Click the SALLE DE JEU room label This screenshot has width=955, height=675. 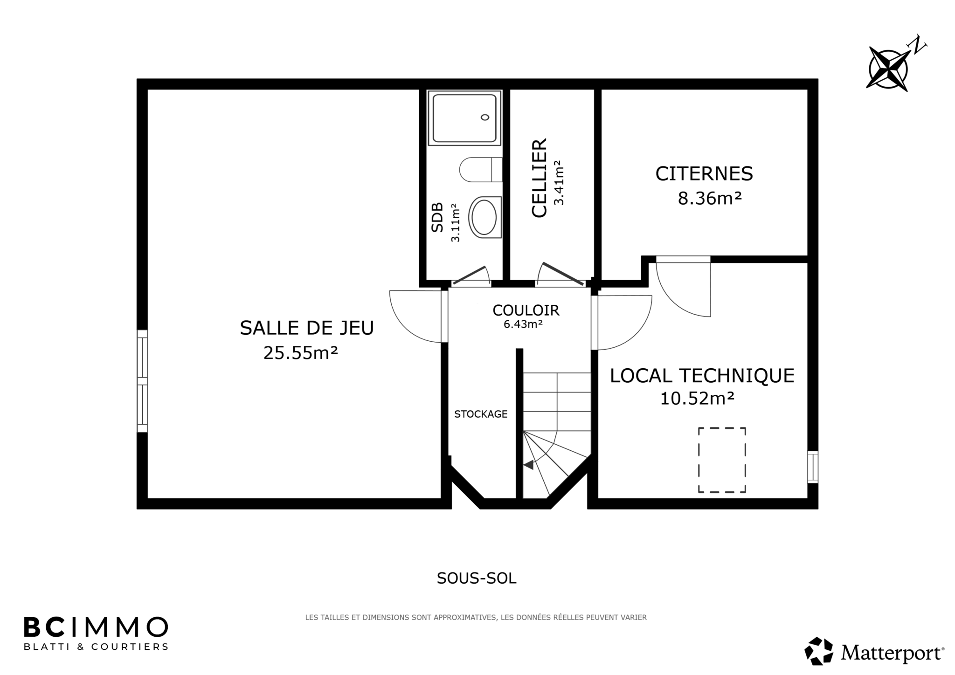click(x=307, y=328)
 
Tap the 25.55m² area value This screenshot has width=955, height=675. click(x=300, y=352)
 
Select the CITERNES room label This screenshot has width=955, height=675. click(x=704, y=173)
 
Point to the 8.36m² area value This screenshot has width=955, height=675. click(x=710, y=199)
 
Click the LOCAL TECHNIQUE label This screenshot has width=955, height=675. click(x=702, y=376)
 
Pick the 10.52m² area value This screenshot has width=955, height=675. click(x=698, y=398)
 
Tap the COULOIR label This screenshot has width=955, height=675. click(x=526, y=310)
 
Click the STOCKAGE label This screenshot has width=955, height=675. click(x=481, y=414)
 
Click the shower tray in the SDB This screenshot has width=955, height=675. click(x=464, y=118)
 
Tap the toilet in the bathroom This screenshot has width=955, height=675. click(x=480, y=170)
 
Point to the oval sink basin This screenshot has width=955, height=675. click(x=485, y=217)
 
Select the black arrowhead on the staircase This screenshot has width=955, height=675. click(x=528, y=465)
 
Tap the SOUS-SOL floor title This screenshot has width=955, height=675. click(x=477, y=579)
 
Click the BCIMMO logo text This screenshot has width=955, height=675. click(x=96, y=627)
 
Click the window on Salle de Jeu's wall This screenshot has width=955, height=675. click(x=142, y=381)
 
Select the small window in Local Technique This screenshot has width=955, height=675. click(x=813, y=467)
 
